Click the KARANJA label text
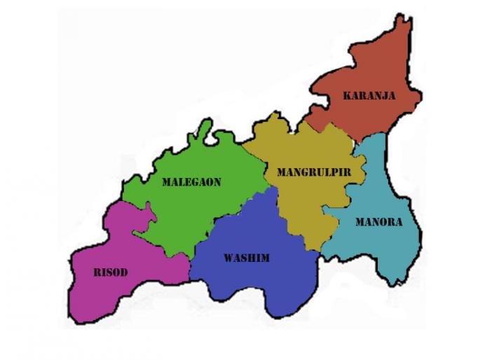click(369, 96)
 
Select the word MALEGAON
click(191, 182)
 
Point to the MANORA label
click(378, 223)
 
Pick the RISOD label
click(111, 272)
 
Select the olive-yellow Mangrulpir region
click(301, 203)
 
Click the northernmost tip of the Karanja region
click(403, 19)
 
